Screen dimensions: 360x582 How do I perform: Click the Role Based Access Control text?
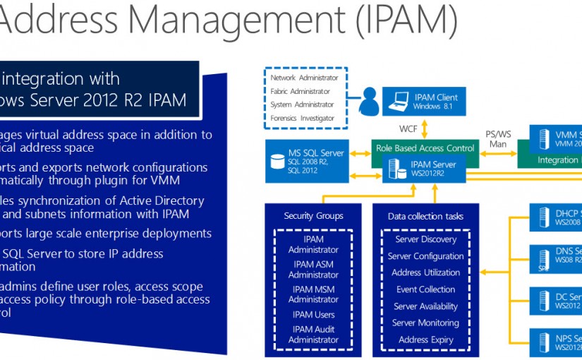(425, 148)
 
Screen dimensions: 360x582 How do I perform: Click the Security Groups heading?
(313, 216)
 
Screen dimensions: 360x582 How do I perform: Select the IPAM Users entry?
(314, 314)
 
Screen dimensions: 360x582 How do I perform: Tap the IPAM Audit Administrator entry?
(314, 334)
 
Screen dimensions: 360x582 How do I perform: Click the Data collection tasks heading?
(425, 216)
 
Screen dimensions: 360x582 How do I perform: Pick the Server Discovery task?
(425, 239)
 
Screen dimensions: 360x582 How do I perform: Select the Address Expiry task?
(425, 340)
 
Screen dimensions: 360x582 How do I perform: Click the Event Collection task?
(425, 289)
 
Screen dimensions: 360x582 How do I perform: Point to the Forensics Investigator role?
(303, 118)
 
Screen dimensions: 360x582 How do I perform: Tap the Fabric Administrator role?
(300, 91)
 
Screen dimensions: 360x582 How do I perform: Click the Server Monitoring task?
(425, 323)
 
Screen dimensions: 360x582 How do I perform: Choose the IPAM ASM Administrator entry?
(314, 270)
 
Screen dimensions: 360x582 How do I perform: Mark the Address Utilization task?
(425, 272)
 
